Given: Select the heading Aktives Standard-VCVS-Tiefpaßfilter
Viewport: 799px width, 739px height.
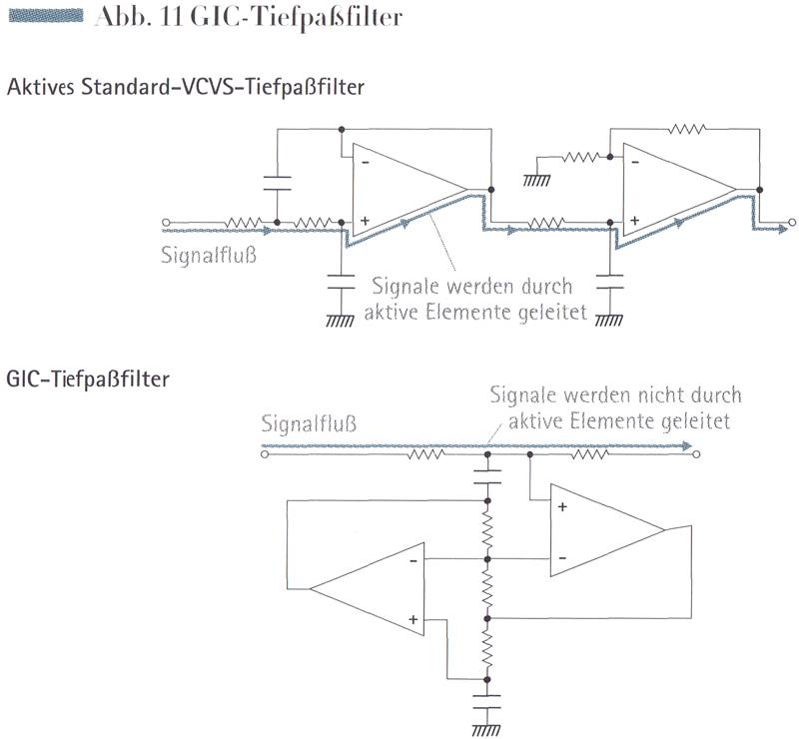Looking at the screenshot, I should [185, 87].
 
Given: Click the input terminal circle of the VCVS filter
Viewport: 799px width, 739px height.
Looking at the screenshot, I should [166, 222].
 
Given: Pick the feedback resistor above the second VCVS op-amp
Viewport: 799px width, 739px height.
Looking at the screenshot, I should [688, 129].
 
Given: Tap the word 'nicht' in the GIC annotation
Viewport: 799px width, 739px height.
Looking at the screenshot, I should [656, 395].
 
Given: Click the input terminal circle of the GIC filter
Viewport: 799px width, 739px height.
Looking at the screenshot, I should [263, 454].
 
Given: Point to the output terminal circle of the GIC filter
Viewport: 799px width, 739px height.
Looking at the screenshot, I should [696, 454].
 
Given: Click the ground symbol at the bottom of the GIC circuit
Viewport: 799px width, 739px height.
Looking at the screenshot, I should [487, 729].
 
